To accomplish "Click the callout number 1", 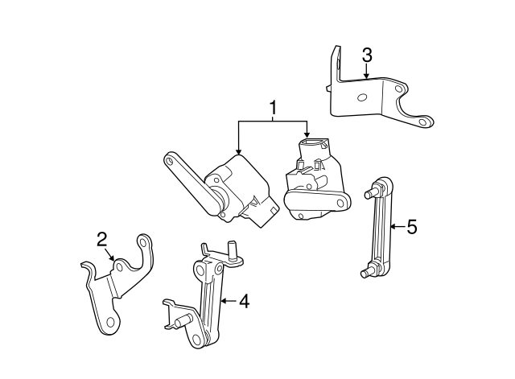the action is pos(273,108).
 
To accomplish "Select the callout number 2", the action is pos(102,239).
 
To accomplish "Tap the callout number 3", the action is pos(367,55).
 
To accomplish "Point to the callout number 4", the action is pos(244,301).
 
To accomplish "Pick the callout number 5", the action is pos(412,227).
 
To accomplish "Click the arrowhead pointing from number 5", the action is pos(393,226).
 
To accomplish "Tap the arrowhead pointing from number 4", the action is pos(224,300).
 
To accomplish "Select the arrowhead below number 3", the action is pos(367,76).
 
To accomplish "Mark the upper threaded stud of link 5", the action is pos(369,194).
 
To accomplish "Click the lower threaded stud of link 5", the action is pos(365,274).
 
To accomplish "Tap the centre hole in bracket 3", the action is pos(361,97).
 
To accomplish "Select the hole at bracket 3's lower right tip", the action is pos(423,122).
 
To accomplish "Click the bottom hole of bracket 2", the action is pos(111,322).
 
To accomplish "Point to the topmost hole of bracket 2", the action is pos(143,243).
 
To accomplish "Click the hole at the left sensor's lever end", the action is pos(170,161).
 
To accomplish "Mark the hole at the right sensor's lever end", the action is pos(340,203).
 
